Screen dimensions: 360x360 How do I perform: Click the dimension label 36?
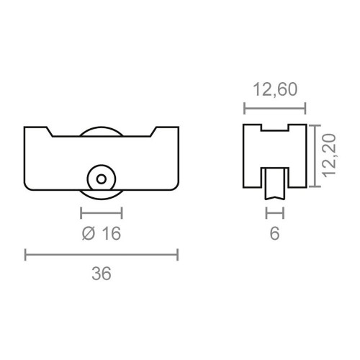coord(102,274)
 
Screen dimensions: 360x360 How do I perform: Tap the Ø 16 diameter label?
coord(102,233)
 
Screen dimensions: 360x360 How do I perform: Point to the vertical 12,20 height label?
coord(331,156)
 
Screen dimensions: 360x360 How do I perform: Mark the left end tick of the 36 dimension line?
coord(26,254)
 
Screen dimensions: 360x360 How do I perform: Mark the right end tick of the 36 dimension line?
coord(178,254)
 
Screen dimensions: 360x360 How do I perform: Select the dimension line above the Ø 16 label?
coord(102,212)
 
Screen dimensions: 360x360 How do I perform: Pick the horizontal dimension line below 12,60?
coord(275,108)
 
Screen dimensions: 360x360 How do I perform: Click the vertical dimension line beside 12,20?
coord(315,156)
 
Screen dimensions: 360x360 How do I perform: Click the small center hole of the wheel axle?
coord(102,177)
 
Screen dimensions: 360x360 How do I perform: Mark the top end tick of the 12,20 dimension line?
coord(315,125)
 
